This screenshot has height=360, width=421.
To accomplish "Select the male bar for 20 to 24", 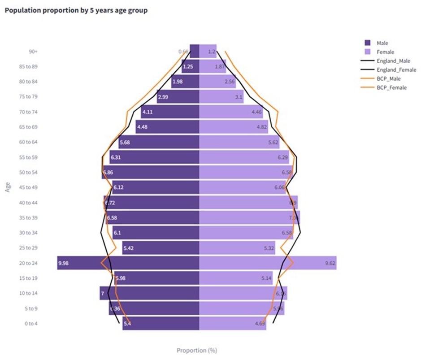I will click(128, 263).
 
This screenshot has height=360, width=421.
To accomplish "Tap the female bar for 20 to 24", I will click(267, 263).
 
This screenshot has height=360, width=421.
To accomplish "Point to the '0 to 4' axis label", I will click(30, 323).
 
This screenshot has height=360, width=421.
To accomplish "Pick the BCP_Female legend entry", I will click(391, 87).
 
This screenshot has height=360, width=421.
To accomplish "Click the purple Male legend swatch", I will click(368, 43).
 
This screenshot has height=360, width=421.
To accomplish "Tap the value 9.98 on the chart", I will click(63, 263).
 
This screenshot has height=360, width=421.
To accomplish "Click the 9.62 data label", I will click(330, 263).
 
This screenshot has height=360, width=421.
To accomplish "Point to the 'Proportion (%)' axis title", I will click(197, 350).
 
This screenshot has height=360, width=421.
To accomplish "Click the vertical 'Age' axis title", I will click(8, 187).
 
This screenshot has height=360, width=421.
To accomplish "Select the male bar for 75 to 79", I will click(178, 97).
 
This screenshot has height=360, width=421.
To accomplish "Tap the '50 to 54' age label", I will click(29, 173).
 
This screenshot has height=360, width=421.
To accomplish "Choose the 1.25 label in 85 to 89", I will click(187, 67).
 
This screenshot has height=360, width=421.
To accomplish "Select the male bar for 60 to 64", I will click(159, 142).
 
